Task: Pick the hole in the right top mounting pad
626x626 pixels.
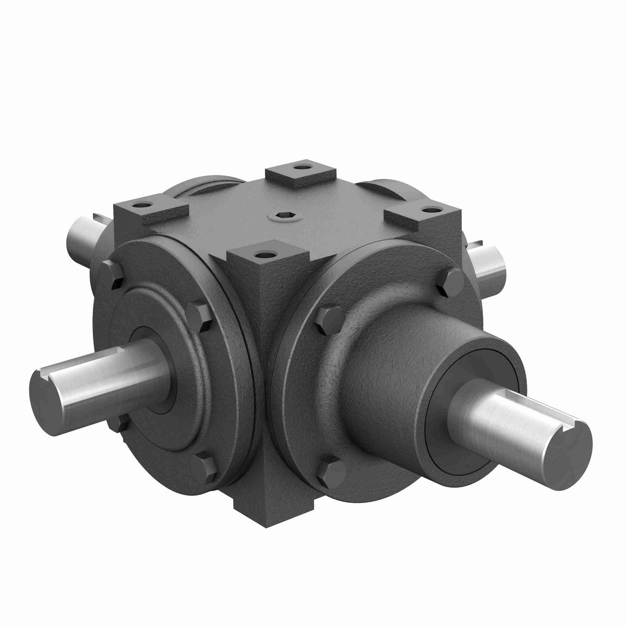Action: [431, 209]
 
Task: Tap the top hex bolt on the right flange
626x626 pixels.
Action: [450, 282]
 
